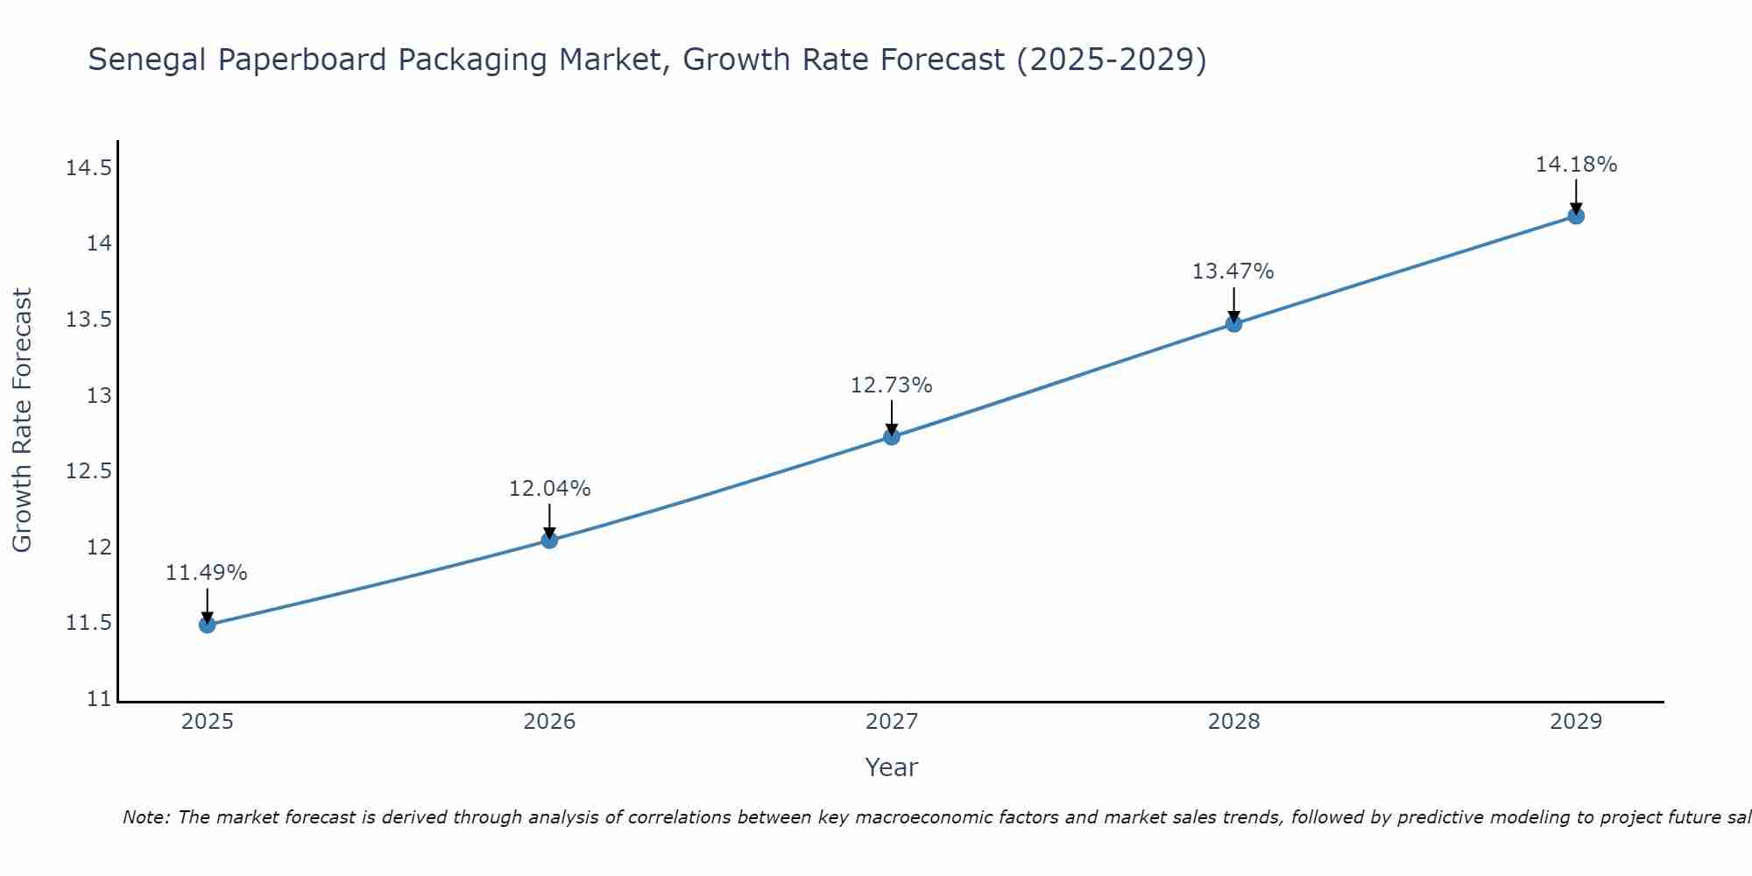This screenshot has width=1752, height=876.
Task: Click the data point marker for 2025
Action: point(207,625)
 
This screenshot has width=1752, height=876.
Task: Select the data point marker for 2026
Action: point(549,540)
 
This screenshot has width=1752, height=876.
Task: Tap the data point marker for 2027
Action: point(892,436)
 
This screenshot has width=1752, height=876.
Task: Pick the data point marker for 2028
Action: point(1233,323)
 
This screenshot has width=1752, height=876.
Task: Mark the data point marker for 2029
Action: point(1576,215)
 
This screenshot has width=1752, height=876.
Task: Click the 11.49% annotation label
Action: point(207,573)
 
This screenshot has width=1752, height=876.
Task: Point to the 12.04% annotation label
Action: point(549,489)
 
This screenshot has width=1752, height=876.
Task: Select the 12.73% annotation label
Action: point(892,385)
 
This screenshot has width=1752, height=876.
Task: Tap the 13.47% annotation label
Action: point(1233,272)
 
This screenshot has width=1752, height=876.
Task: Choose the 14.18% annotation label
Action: point(1576,165)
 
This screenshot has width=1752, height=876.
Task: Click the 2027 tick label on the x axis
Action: point(892,722)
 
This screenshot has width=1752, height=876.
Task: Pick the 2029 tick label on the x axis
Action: point(1576,722)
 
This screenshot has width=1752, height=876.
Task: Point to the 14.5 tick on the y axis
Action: point(89,167)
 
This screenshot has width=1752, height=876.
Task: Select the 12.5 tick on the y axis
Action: point(89,471)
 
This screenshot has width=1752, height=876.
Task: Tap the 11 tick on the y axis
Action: point(101,699)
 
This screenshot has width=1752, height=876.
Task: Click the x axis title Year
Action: point(892,767)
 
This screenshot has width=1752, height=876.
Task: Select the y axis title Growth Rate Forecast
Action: point(23,420)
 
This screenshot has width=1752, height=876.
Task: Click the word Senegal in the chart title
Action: point(147,60)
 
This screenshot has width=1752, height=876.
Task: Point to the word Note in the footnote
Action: point(145,817)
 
